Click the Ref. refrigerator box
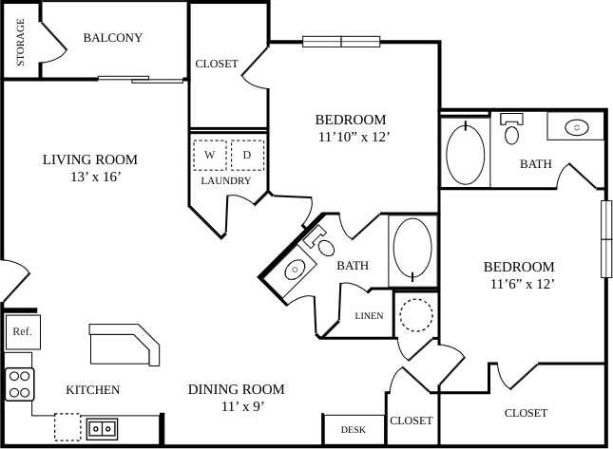21,332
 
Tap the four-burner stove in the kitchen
20,384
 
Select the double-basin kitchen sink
103,428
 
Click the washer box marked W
209,154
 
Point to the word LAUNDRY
226,180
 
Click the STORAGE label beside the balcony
20,43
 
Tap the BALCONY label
112,38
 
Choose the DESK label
353,430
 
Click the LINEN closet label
369,316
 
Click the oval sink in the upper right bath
577,126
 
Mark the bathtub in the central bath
412,250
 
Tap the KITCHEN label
92,390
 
